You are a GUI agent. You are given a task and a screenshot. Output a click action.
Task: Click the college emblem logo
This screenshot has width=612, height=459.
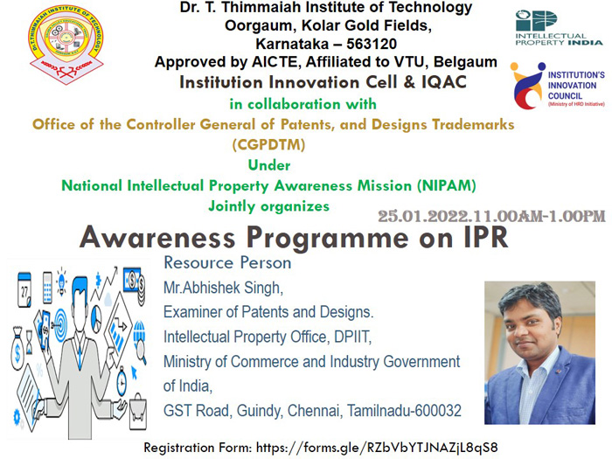66,44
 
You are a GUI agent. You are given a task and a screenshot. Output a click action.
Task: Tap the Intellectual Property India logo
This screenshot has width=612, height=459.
559,28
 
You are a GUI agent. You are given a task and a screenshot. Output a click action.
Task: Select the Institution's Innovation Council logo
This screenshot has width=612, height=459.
558,86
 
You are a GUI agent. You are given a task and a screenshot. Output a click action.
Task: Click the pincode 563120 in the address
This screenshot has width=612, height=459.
372,44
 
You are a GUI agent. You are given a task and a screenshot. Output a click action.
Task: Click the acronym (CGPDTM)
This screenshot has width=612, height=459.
269,145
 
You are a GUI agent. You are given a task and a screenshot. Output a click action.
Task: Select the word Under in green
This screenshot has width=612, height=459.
269,165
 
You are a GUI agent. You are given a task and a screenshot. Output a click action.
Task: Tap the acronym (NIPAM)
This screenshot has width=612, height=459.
446,185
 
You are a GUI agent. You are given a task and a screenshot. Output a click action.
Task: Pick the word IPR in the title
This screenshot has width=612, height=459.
486,237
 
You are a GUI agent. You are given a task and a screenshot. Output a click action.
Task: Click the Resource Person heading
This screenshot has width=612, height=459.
227,262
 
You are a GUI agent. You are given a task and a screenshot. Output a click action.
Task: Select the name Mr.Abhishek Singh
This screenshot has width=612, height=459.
223,288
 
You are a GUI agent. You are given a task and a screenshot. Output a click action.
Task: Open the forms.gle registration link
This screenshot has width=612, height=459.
377,448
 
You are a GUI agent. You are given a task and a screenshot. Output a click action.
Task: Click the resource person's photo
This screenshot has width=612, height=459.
539,353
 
